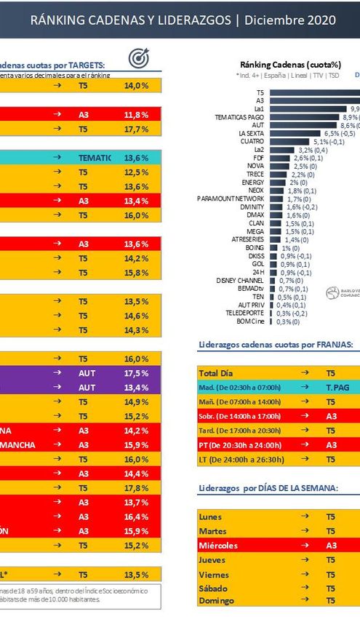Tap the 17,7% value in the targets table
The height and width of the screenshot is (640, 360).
136,129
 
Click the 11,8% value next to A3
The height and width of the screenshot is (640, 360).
136,114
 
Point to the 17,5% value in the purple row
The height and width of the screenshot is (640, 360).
136,373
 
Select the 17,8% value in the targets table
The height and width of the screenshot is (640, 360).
136,488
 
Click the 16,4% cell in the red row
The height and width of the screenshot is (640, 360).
136,516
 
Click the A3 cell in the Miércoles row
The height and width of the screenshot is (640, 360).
332,545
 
